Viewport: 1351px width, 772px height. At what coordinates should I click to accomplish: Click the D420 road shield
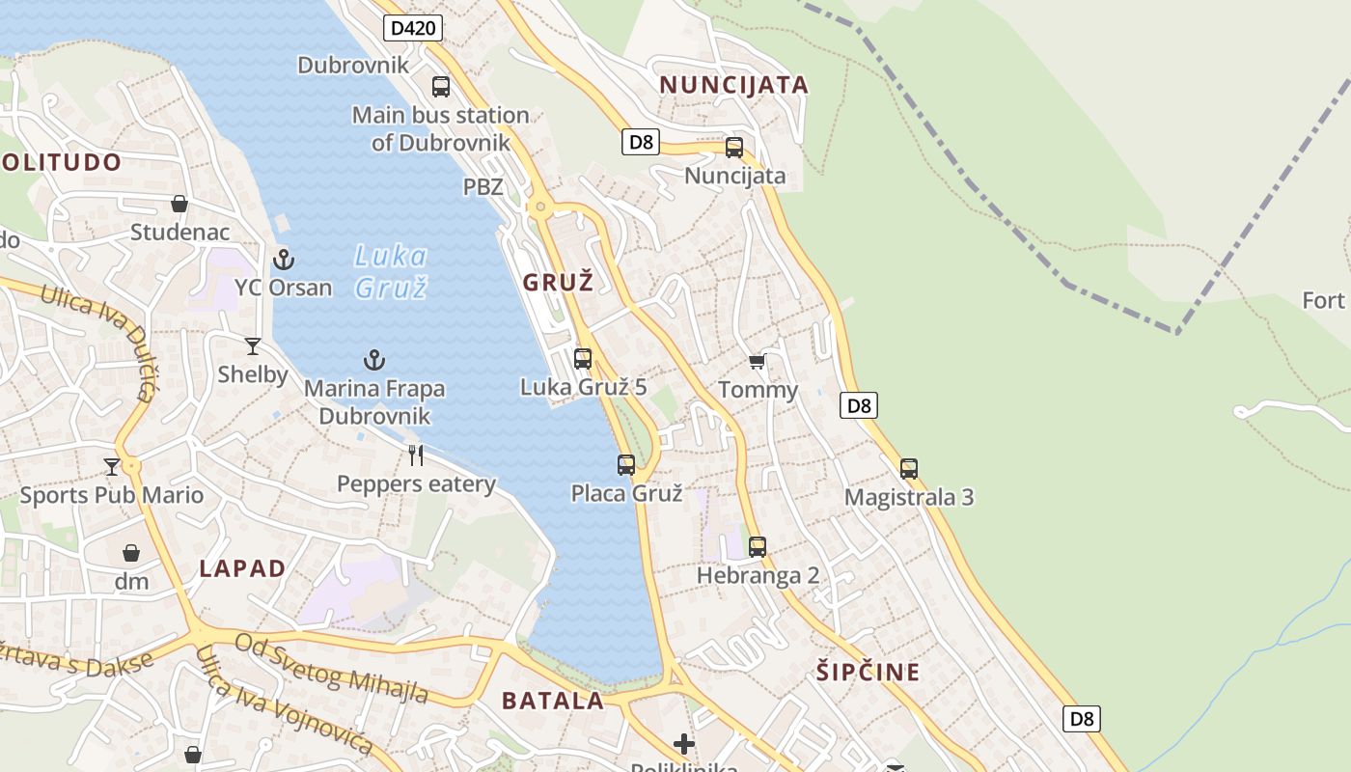(x=413, y=28)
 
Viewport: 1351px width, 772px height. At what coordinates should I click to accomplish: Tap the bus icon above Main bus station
(x=441, y=87)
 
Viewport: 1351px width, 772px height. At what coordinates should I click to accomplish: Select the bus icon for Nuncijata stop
(x=734, y=148)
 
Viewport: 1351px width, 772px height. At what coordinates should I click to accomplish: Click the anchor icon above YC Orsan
(x=284, y=259)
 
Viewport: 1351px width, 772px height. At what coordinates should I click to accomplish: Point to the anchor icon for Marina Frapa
(x=374, y=360)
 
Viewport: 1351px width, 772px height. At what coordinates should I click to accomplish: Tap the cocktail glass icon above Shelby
(x=253, y=345)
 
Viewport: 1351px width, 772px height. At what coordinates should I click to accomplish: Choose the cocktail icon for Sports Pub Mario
(x=112, y=466)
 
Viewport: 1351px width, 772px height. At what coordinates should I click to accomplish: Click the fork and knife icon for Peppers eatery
(x=416, y=455)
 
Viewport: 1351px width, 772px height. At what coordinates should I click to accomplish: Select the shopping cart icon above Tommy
(x=758, y=361)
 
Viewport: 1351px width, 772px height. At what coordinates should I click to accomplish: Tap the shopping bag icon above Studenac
(x=179, y=204)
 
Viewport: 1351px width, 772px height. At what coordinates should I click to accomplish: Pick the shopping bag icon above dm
(x=131, y=553)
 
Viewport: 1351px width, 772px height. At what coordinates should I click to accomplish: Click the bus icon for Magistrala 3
(x=909, y=469)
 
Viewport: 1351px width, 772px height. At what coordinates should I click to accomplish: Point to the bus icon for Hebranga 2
(x=758, y=547)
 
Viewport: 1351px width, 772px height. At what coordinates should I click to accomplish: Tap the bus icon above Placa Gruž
(x=626, y=465)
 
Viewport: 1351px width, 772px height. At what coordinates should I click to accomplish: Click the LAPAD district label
(x=242, y=568)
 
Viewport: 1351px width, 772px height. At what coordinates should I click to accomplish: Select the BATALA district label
(x=553, y=702)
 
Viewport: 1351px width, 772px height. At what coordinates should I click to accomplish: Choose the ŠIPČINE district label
(x=868, y=672)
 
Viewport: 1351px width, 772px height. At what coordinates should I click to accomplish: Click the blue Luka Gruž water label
(x=391, y=271)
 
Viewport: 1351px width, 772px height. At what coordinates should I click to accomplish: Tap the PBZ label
(x=483, y=187)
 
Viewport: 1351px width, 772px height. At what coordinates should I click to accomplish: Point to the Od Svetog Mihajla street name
(x=332, y=668)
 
